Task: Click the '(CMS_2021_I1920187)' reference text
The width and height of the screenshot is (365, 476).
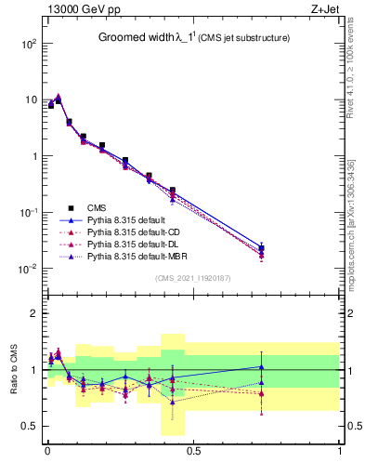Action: click(192, 278)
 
